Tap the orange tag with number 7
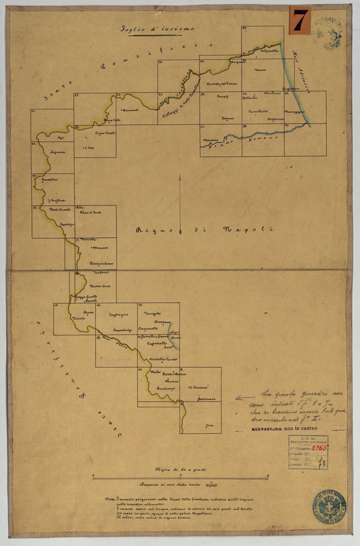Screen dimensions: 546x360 [x=299, y=20]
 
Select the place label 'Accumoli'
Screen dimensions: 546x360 [x=130, y=111]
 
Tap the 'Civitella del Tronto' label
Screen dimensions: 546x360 [x=222, y=83]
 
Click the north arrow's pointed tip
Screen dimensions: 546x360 [x=181, y=175]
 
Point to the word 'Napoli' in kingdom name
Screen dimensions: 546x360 [x=248, y=229]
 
